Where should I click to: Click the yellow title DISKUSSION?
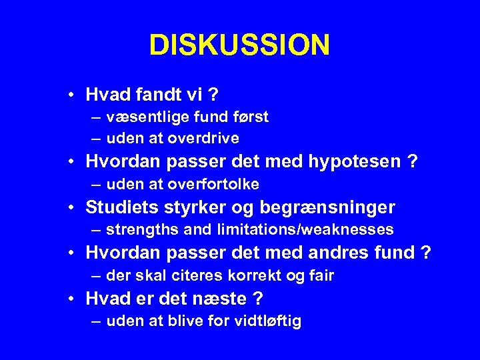[x=239, y=45]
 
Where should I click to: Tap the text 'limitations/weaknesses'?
[x=305, y=230]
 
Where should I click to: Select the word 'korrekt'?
[x=242, y=275]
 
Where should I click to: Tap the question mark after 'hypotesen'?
[x=413, y=162]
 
